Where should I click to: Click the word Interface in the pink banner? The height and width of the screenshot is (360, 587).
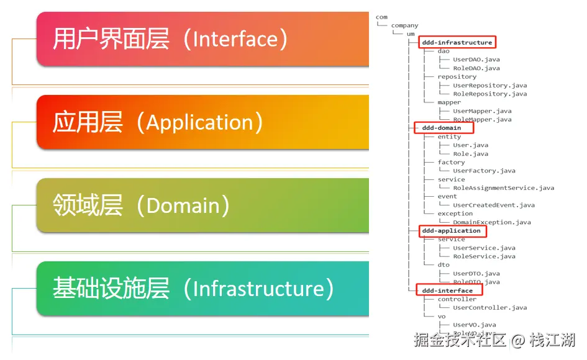pos(233,39)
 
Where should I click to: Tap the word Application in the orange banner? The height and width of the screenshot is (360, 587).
pos(196,122)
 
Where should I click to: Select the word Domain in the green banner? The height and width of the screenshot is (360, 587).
pos(183,205)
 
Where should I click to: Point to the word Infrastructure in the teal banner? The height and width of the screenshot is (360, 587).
pos(259,289)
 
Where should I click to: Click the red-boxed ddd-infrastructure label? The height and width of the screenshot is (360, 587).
pos(457,42)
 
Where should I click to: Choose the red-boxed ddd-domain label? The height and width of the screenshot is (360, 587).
pos(442,128)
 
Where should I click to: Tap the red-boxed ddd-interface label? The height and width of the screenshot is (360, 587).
pos(447,290)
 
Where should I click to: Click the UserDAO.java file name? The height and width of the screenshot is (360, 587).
pos(476,60)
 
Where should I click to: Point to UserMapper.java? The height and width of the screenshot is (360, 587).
pos(482,111)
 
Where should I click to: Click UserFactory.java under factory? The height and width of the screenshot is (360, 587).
pos(484,171)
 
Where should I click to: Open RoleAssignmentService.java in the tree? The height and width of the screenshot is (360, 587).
pos(503,187)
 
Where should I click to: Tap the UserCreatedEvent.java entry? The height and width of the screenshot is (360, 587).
pos(493,205)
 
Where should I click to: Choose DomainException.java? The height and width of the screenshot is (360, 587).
pos(491,222)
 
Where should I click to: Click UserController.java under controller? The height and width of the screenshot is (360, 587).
pos(489,307)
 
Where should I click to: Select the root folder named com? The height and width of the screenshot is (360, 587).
pos(381,17)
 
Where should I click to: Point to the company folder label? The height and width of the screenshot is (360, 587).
pos(404,25)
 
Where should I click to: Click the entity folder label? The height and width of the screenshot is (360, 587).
pos(449,137)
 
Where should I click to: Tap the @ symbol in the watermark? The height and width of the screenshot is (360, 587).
pos(518,340)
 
